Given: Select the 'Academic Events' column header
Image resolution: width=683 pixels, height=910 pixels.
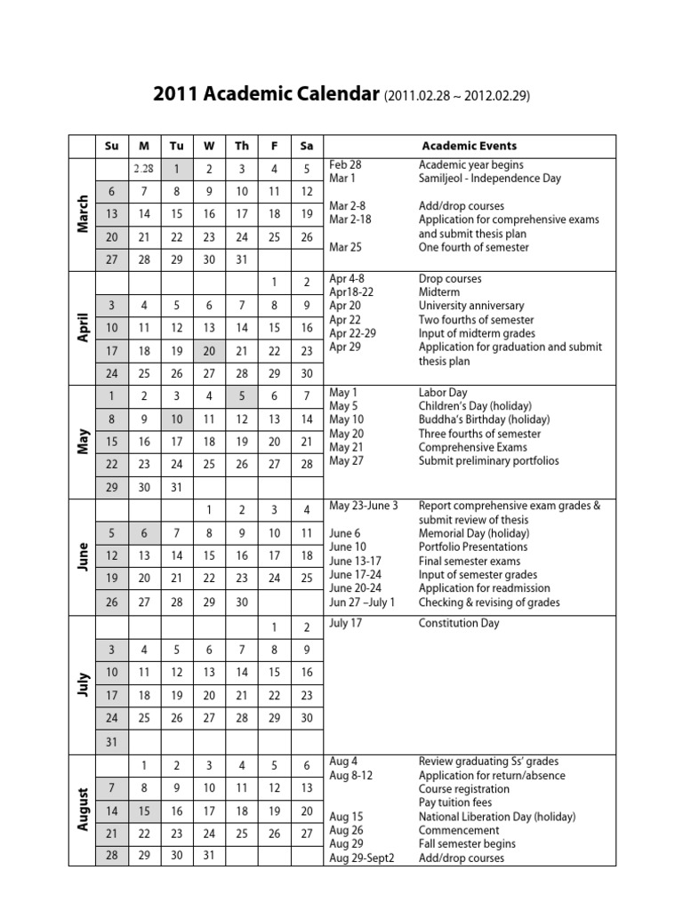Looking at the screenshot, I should click(x=469, y=146).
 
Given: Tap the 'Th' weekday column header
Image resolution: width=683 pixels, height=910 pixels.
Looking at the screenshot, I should click(x=242, y=146).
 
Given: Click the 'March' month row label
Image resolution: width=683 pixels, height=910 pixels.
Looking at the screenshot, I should click(x=83, y=214).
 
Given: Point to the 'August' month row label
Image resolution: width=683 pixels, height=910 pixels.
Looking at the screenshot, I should click(x=83, y=809).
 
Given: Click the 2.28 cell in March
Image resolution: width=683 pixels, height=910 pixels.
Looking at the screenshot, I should click(x=144, y=169).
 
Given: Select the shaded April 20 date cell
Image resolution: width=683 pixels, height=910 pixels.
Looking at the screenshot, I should click(x=209, y=350).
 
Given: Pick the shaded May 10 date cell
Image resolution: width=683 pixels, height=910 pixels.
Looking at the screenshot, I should click(x=176, y=419).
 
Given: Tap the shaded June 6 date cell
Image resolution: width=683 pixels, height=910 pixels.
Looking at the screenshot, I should click(x=144, y=533).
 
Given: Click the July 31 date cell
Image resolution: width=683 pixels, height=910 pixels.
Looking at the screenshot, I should click(x=112, y=741).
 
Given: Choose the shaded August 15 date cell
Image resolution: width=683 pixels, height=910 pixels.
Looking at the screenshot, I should click(x=144, y=810).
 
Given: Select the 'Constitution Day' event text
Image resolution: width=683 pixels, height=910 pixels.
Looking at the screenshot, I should click(x=459, y=623).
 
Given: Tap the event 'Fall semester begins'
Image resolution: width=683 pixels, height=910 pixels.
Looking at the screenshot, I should click(x=467, y=843).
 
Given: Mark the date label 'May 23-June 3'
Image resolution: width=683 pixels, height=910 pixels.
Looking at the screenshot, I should click(x=364, y=506).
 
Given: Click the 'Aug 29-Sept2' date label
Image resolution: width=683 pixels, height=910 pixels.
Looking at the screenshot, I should click(x=362, y=858).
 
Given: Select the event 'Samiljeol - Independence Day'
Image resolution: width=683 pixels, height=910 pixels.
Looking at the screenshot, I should click(x=490, y=179).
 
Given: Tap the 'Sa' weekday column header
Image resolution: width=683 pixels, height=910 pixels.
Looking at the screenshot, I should click(x=307, y=146).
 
